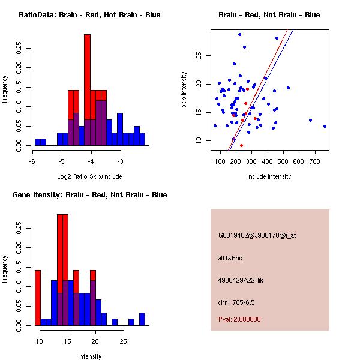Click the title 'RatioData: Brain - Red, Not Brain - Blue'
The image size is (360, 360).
tap(89, 14)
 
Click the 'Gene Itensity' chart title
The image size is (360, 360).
tap(89, 194)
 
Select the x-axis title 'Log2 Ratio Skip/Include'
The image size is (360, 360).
tap(89, 177)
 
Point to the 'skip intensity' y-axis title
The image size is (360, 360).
tap(185, 90)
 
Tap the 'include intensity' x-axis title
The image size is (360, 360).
tap(269, 177)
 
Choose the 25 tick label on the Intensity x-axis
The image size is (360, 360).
tap(123, 341)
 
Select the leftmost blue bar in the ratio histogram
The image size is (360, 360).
tap(40, 142)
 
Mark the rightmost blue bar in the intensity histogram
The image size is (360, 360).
tap(142, 319)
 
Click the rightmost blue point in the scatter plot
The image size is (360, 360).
tap(325, 126)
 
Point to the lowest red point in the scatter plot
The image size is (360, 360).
tap(241, 145)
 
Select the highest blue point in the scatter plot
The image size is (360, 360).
tap(239, 34)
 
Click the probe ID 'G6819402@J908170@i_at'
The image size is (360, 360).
tap(257, 235)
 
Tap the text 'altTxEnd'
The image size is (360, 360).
tap(230, 258)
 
